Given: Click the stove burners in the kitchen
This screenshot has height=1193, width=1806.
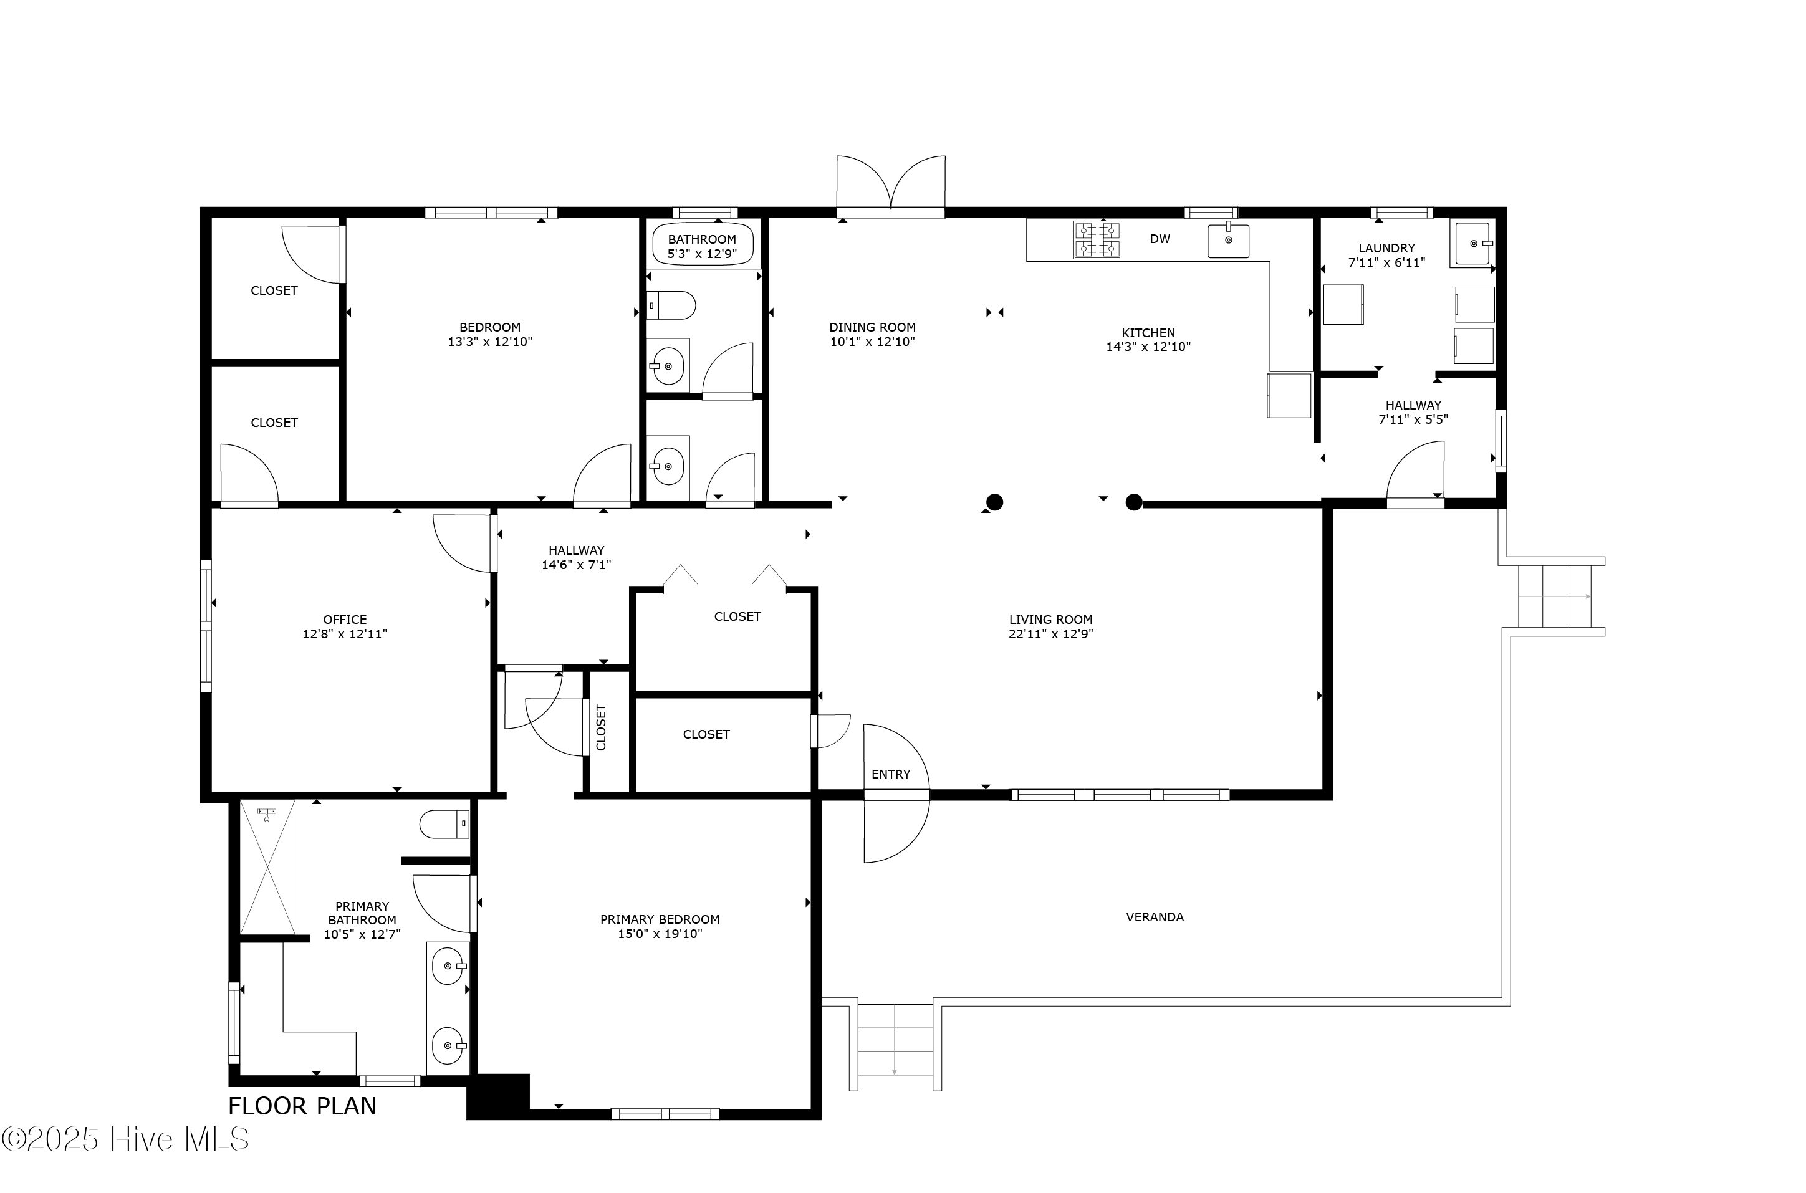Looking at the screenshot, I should click(x=1097, y=240).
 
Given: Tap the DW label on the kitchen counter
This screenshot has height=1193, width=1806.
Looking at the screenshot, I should click(x=1160, y=239).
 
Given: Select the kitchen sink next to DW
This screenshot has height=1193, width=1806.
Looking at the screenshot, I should click(x=1228, y=241).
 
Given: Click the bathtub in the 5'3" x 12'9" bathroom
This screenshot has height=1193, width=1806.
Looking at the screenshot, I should click(x=702, y=245).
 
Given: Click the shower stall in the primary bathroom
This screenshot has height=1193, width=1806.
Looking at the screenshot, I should click(x=268, y=866).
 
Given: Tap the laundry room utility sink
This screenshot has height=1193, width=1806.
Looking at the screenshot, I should click(x=1474, y=244).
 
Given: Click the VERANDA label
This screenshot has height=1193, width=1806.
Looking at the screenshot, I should click(x=1154, y=918).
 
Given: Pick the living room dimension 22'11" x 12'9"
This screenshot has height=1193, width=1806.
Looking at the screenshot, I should click(x=1050, y=634).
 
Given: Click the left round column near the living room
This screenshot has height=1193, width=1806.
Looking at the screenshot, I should click(x=994, y=502).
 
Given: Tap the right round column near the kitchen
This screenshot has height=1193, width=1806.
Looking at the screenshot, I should click(x=1133, y=502).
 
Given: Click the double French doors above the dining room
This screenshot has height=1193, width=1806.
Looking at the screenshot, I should click(x=891, y=186).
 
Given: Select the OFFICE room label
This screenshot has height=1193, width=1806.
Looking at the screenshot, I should click(x=345, y=620).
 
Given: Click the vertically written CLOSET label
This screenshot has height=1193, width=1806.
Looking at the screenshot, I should click(x=601, y=727).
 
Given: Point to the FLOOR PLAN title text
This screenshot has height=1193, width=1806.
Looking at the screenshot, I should click(x=302, y=1106).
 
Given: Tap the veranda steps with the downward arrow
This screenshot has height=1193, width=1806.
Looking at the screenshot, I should click(x=895, y=1047).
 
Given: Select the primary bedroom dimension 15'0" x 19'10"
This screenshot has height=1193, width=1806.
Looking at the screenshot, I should click(x=660, y=934).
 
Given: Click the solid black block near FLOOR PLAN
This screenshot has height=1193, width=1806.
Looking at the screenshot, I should click(x=497, y=1096).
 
